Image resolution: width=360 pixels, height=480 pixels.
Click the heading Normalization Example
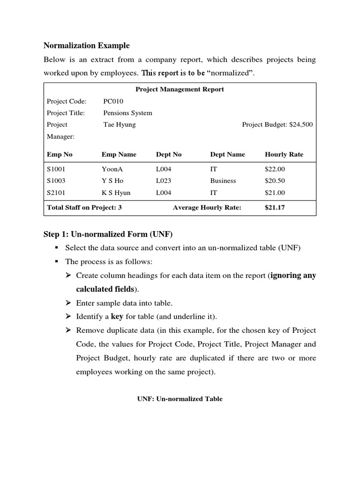(x=86, y=45)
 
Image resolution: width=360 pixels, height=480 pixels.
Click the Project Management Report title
(x=180, y=89)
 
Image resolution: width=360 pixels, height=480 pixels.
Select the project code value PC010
(x=113, y=101)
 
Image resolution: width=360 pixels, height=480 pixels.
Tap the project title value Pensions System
(x=127, y=112)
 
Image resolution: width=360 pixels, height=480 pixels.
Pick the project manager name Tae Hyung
(x=119, y=125)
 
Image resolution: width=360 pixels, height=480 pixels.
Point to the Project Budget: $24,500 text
(x=277, y=125)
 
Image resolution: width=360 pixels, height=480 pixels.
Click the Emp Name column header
(x=119, y=154)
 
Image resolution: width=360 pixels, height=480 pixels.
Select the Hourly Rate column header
(x=284, y=154)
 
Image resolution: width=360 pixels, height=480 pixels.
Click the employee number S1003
(x=57, y=180)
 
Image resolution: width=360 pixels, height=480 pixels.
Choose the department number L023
(x=164, y=180)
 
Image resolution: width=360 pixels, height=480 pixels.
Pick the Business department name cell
(x=223, y=180)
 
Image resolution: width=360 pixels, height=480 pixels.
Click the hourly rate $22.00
(x=275, y=169)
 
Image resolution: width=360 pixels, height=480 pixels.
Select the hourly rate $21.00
(x=275, y=193)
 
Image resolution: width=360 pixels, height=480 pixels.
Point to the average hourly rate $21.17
(x=275, y=208)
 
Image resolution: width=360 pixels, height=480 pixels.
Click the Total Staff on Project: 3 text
(x=84, y=208)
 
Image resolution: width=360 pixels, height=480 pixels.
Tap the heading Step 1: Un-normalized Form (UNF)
(x=108, y=234)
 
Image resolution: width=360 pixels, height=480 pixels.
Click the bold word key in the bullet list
(x=117, y=316)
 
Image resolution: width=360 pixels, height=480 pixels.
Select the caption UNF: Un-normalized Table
(x=180, y=399)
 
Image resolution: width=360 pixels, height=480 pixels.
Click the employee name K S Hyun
(x=116, y=193)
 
